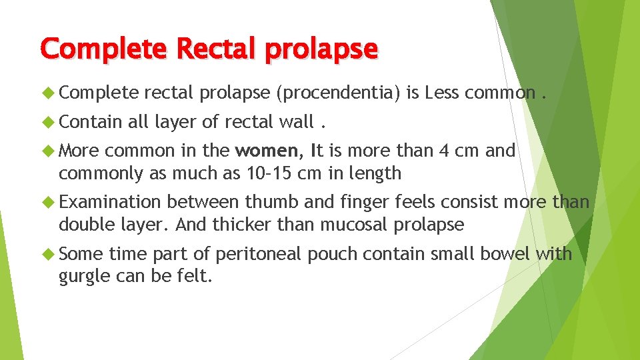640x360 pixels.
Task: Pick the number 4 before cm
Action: pos(445,151)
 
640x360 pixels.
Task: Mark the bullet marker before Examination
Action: pos(48,201)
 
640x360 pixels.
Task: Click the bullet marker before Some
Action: pos(48,253)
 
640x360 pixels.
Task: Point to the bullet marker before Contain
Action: pos(48,122)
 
